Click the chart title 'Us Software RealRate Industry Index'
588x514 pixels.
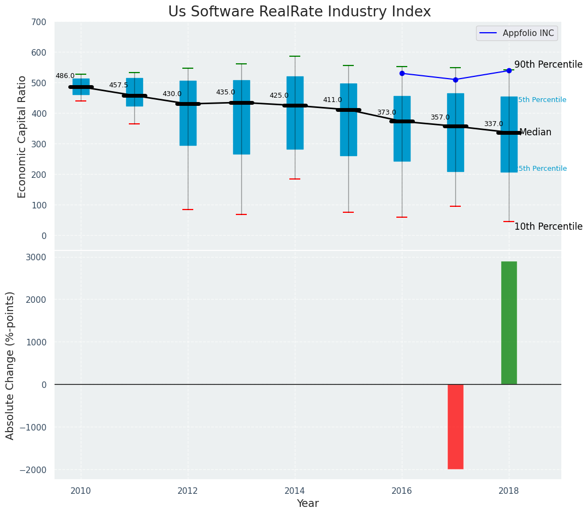(299, 12)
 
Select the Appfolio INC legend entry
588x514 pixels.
(516, 33)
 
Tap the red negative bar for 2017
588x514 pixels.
(455, 426)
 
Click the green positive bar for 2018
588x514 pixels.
(509, 322)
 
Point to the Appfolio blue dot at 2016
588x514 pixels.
(402, 73)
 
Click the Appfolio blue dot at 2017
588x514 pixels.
(455, 80)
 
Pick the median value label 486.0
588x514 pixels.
(65, 76)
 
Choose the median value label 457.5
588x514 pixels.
(118, 86)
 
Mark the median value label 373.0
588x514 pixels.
(387, 113)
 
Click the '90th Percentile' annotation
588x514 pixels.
(548, 64)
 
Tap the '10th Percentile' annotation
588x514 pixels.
(548, 226)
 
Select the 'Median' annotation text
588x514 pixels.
(535, 133)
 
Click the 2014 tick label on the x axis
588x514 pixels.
(295, 490)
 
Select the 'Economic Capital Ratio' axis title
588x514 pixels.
(22, 136)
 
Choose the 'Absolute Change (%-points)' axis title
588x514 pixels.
(10, 365)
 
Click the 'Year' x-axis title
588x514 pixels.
(307, 504)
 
